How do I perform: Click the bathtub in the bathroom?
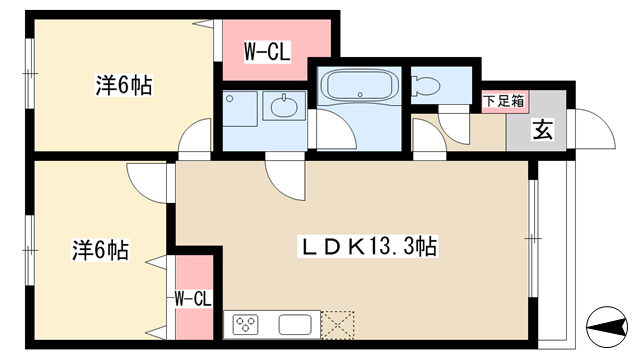tap(359, 85)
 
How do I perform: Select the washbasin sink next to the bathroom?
tap(284, 106)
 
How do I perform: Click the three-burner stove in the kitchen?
tap(245, 324)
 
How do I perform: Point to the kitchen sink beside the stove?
tap(295, 325)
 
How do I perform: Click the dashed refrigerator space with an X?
tap(338, 325)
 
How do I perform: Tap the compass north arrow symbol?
tap(607, 327)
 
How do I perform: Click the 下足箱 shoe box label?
tap(504, 101)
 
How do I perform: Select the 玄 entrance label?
tap(542, 129)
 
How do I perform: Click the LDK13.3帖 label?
tap(369, 246)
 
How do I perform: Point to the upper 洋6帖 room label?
tap(124, 85)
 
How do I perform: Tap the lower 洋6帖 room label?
tap(101, 250)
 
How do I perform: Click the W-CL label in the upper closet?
tap(267, 52)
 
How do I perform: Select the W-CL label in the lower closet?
tap(193, 299)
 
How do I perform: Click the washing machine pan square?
tap(240, 109)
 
